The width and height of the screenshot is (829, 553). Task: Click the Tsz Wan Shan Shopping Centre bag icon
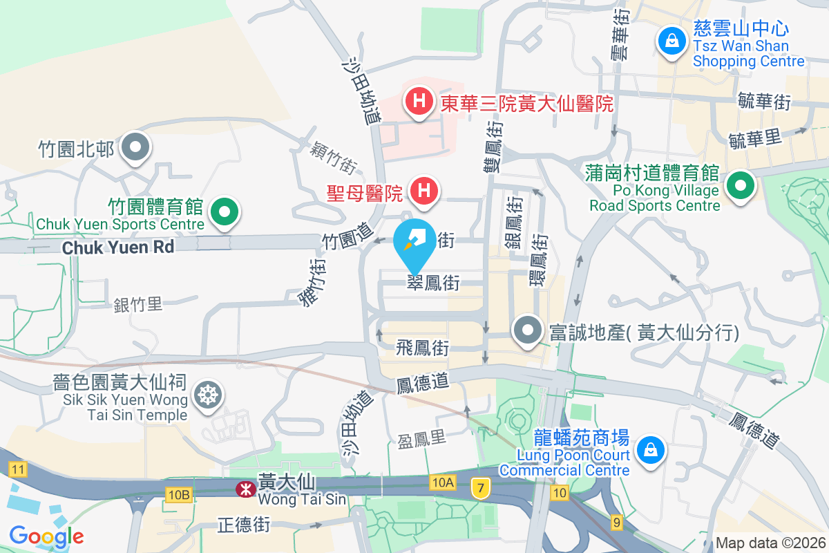point(671,41)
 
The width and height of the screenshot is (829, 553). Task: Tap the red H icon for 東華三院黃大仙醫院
point(419,102)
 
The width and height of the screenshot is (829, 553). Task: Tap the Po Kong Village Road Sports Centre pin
point(740,185)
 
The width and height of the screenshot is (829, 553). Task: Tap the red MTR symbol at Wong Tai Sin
point(244,489)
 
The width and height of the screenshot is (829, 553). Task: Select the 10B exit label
point(178,494)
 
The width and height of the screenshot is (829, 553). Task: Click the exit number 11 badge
point(18,470)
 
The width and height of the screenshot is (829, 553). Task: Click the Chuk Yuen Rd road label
point(117,247)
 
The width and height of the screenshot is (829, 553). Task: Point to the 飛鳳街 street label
point(423,347)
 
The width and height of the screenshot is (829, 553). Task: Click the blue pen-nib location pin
point(414,243)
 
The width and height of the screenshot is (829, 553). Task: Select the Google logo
point(47,536)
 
